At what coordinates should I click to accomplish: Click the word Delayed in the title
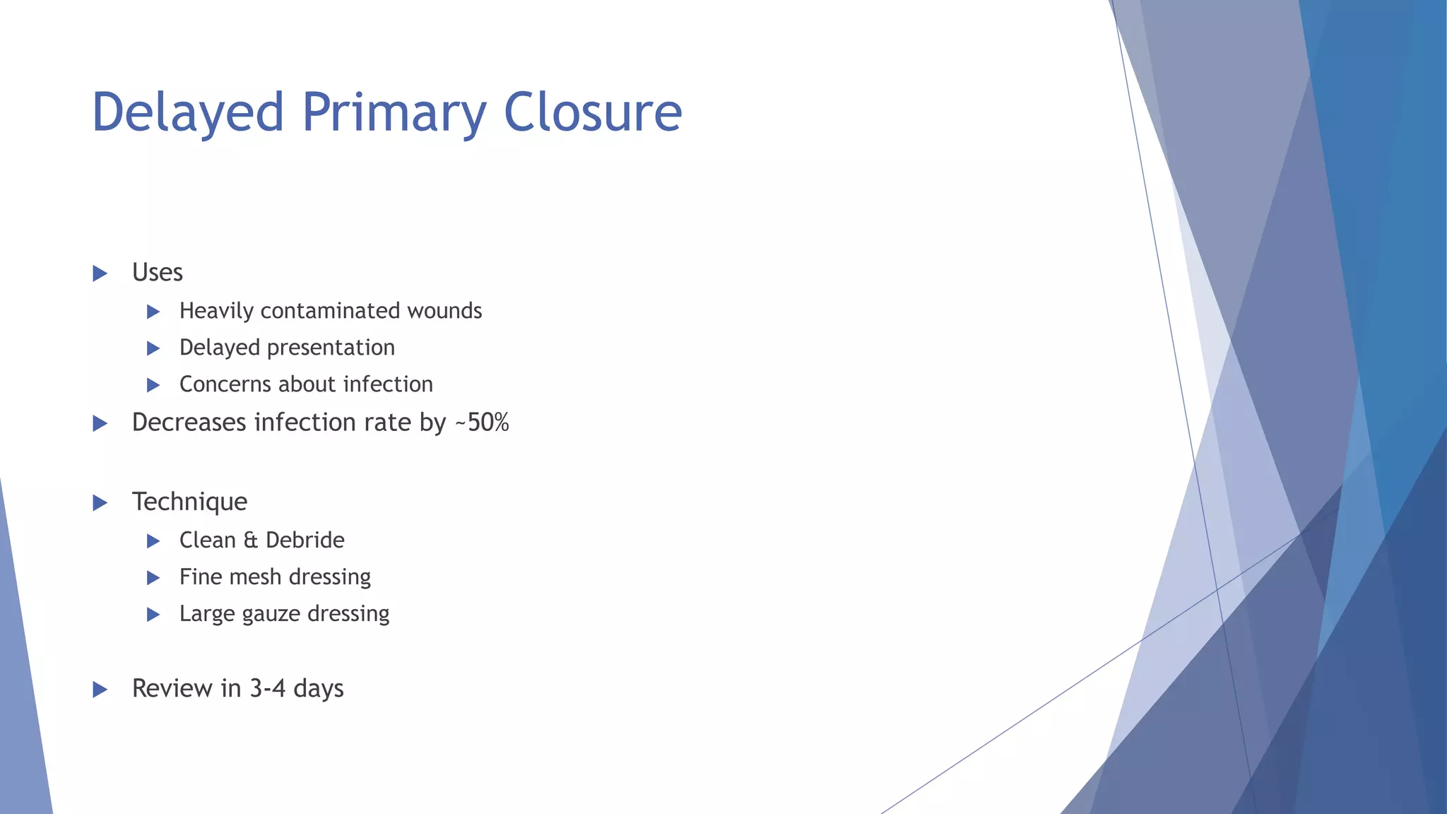pos(187,113)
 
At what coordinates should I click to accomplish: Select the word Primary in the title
pos(394,113)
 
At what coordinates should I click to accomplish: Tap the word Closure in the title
pos(592,113)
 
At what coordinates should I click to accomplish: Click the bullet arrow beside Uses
pos(100,273)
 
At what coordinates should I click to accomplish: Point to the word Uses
pos(157,273)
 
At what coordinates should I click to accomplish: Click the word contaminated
pos(321,311)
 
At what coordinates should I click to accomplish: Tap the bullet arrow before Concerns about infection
pos(153,385)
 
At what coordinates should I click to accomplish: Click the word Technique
pos(189,502)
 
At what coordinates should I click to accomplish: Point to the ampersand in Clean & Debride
pos(250,541)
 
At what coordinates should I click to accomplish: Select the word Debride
pos(305,541)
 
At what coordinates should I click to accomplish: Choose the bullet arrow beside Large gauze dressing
pos(153,615)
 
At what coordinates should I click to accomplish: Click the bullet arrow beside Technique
pos(100,503)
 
